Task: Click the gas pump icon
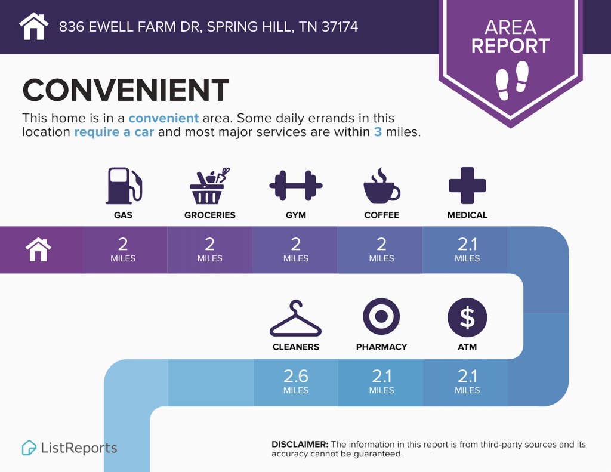click(124, 186)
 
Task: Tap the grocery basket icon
click(209, 186)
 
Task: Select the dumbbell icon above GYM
click(296, 186)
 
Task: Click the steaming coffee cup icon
click(381, 186)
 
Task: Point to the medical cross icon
click(467, 186)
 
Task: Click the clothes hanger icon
click(296, 318)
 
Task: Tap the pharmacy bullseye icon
click(381, 316)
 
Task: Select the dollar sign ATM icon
click(467, 317)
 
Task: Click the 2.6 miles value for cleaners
click(296, 381)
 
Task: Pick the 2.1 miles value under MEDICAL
click(467, 249)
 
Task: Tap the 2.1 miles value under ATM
click(467, 381)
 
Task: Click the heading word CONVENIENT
click(126, 90)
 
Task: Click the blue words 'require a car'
click(114, 132)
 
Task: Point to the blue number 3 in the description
click(378, 132)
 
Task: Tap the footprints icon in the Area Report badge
click(512, 81)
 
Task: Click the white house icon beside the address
click(34, 26)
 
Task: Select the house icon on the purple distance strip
click(38, 249)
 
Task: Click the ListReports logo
click(69, 448)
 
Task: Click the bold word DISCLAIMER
click(300, 445)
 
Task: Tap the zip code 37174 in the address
click(340, 26)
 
